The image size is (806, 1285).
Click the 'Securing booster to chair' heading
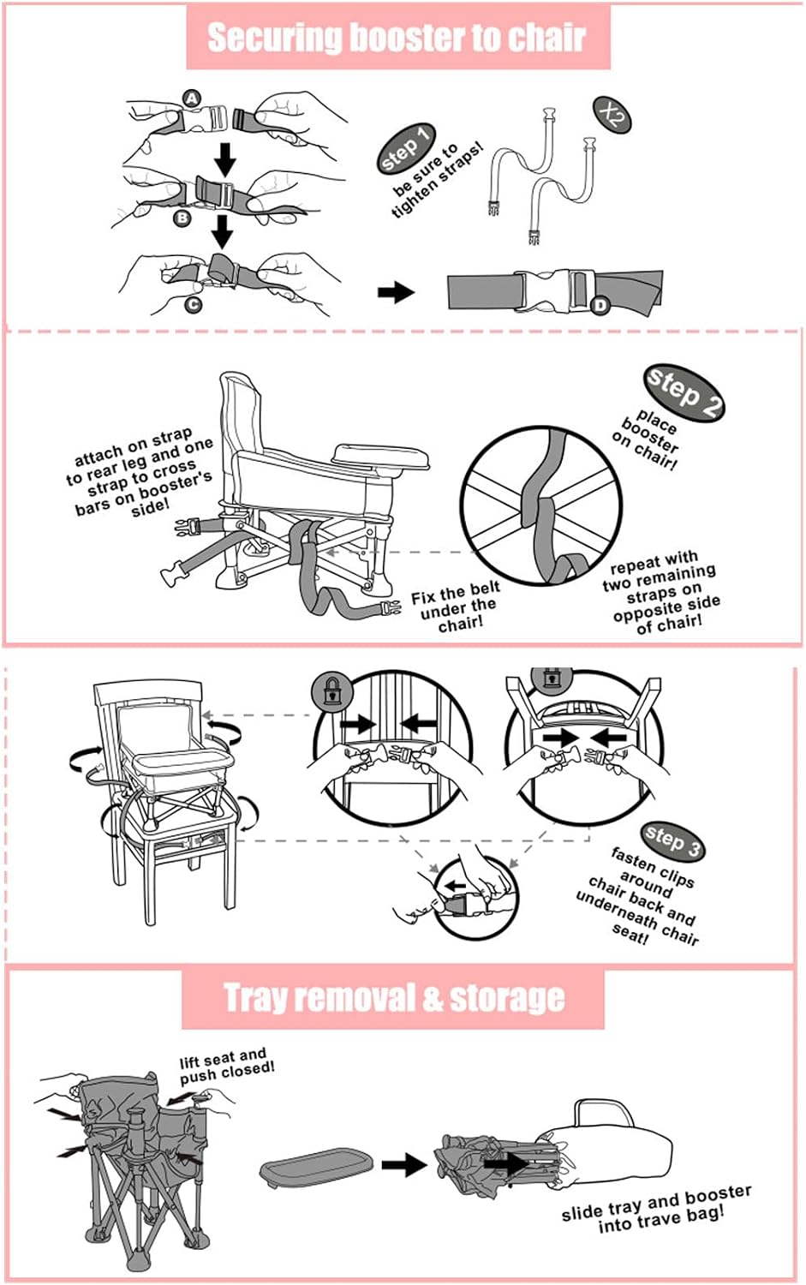click(x=397, y=39)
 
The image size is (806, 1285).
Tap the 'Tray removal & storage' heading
click(x=393, y=998)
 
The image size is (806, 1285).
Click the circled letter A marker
click(x=192, y=99)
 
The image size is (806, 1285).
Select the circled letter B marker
click(x=182, y=218)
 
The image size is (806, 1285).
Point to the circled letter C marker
click(x=194, y=305)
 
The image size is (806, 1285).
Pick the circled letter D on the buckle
click(x=600, y=305)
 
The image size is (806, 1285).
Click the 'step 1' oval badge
click(x=406, y=148)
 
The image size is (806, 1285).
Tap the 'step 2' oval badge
click(x=684, y=391)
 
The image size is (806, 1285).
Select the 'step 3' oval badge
click(x=672, y=841)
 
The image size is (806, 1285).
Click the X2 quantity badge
click(x=612, y=116)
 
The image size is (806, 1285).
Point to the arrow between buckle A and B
click(x=225, y=159)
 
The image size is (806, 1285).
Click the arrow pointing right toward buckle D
click(x=396, y=292)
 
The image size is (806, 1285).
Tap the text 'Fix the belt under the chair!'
click(x=456, y=607)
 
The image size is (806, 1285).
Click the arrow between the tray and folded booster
click(x=404, y=1164)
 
